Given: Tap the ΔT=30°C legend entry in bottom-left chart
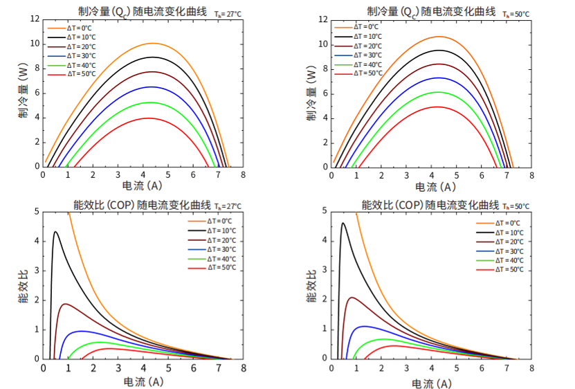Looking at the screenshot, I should (x=222, y=249).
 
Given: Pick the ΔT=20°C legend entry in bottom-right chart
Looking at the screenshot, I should (x=509, y=242).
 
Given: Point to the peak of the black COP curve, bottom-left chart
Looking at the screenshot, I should (x=55, y=232).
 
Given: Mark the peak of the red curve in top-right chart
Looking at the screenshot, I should (x=437, y=107).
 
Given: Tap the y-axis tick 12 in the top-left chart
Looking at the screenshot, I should (x=35, y=19).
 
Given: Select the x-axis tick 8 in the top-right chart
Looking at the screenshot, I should (x=532, y=176).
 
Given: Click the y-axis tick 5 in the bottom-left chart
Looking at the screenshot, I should (x=36, y=212).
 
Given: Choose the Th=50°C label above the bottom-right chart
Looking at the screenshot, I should (x=515, y=206).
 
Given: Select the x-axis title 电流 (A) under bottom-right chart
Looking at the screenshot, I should (x=434, y=382).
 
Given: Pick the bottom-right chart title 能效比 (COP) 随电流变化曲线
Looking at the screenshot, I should (x=430, y=205).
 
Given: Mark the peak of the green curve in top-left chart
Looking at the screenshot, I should (x=149, y=102).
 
